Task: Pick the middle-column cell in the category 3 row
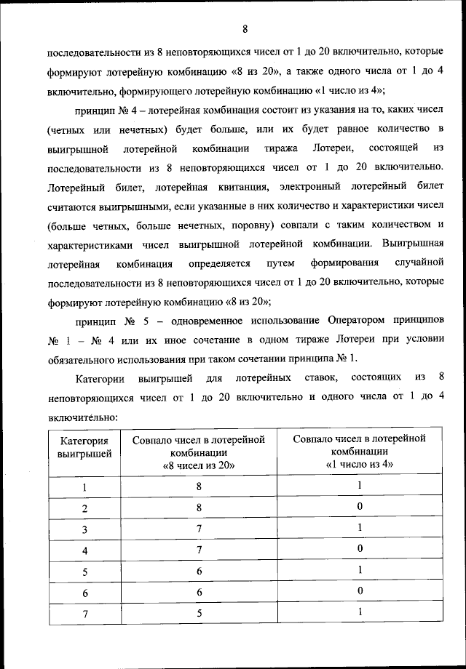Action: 198,529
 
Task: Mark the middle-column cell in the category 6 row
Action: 198,593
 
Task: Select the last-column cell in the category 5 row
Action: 359,570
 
